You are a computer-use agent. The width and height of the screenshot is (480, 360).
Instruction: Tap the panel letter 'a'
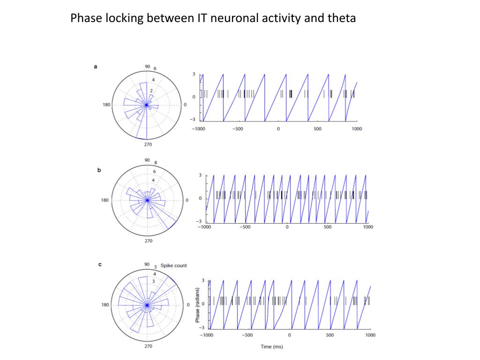(96, 67)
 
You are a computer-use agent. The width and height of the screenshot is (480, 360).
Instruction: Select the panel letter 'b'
(99, 170)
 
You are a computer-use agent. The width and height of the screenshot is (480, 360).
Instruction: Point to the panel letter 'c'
(99, 264)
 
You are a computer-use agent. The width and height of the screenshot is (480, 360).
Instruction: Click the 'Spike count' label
(173, 265)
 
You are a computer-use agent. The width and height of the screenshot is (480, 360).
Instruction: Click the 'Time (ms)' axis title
(272, 347)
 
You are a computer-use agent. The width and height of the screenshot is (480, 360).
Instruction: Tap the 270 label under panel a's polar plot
(148, 145)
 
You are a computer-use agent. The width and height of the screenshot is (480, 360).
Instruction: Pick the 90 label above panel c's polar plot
(147, 264)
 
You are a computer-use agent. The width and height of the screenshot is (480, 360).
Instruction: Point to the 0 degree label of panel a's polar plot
(185, 105)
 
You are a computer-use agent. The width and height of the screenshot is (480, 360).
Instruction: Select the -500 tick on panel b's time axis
(245, 227)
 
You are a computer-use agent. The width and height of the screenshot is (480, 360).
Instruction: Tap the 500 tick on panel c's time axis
(330, 335)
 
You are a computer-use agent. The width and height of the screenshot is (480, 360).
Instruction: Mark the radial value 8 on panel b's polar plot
(156, 163)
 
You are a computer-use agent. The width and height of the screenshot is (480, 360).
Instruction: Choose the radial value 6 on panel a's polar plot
(155, 69)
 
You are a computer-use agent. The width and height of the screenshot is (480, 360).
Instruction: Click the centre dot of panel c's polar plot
(147, 305)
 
